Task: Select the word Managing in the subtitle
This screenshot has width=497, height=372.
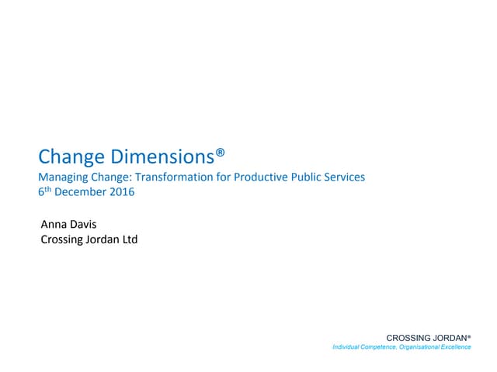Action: (x=63, y=177)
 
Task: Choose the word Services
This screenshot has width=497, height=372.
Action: (x=344, y=177)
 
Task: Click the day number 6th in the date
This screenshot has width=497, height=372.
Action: (x=44, y=192)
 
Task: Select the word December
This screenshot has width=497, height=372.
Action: (x=82, y=192)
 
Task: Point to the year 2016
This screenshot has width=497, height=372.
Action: (x=122, y=192)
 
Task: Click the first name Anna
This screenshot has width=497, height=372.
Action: (x=54, y=225)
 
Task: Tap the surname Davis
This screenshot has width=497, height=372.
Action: (x=85, y=225)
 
